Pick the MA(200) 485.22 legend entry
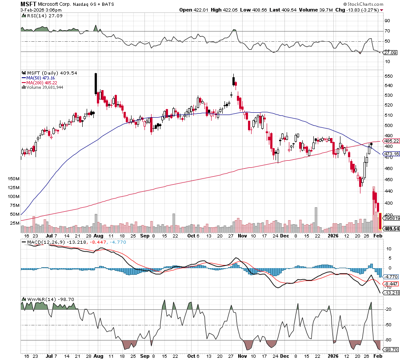coord(42,83)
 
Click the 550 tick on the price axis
coord(388,76)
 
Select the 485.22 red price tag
coord(392,141)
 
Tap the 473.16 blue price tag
coord(392,154)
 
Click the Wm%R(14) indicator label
coord(35,300)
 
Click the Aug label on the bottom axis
coord(99,356)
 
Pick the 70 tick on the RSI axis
coord(387,31)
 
